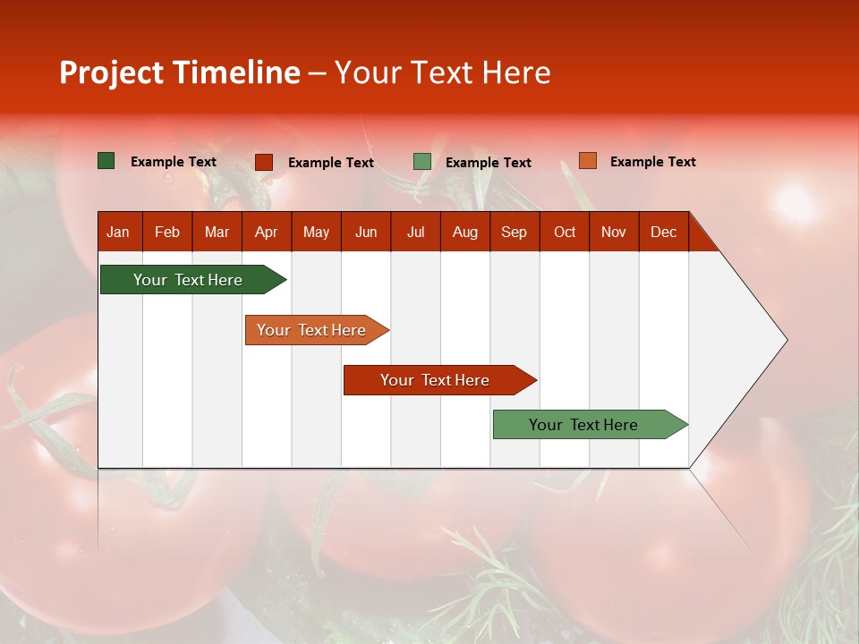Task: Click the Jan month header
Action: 118,232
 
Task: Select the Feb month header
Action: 167,232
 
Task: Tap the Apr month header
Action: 266,232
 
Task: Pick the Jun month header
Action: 366,232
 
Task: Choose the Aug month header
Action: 464,232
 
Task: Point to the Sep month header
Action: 514,232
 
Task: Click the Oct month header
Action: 565,232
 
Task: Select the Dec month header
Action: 663,232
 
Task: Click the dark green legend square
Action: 106,161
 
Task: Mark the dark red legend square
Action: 264,162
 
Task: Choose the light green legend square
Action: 422,162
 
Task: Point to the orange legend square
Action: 587,161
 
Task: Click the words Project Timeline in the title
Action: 179,72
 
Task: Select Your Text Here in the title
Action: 442,72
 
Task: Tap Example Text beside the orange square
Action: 652,162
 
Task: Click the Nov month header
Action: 614,232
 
